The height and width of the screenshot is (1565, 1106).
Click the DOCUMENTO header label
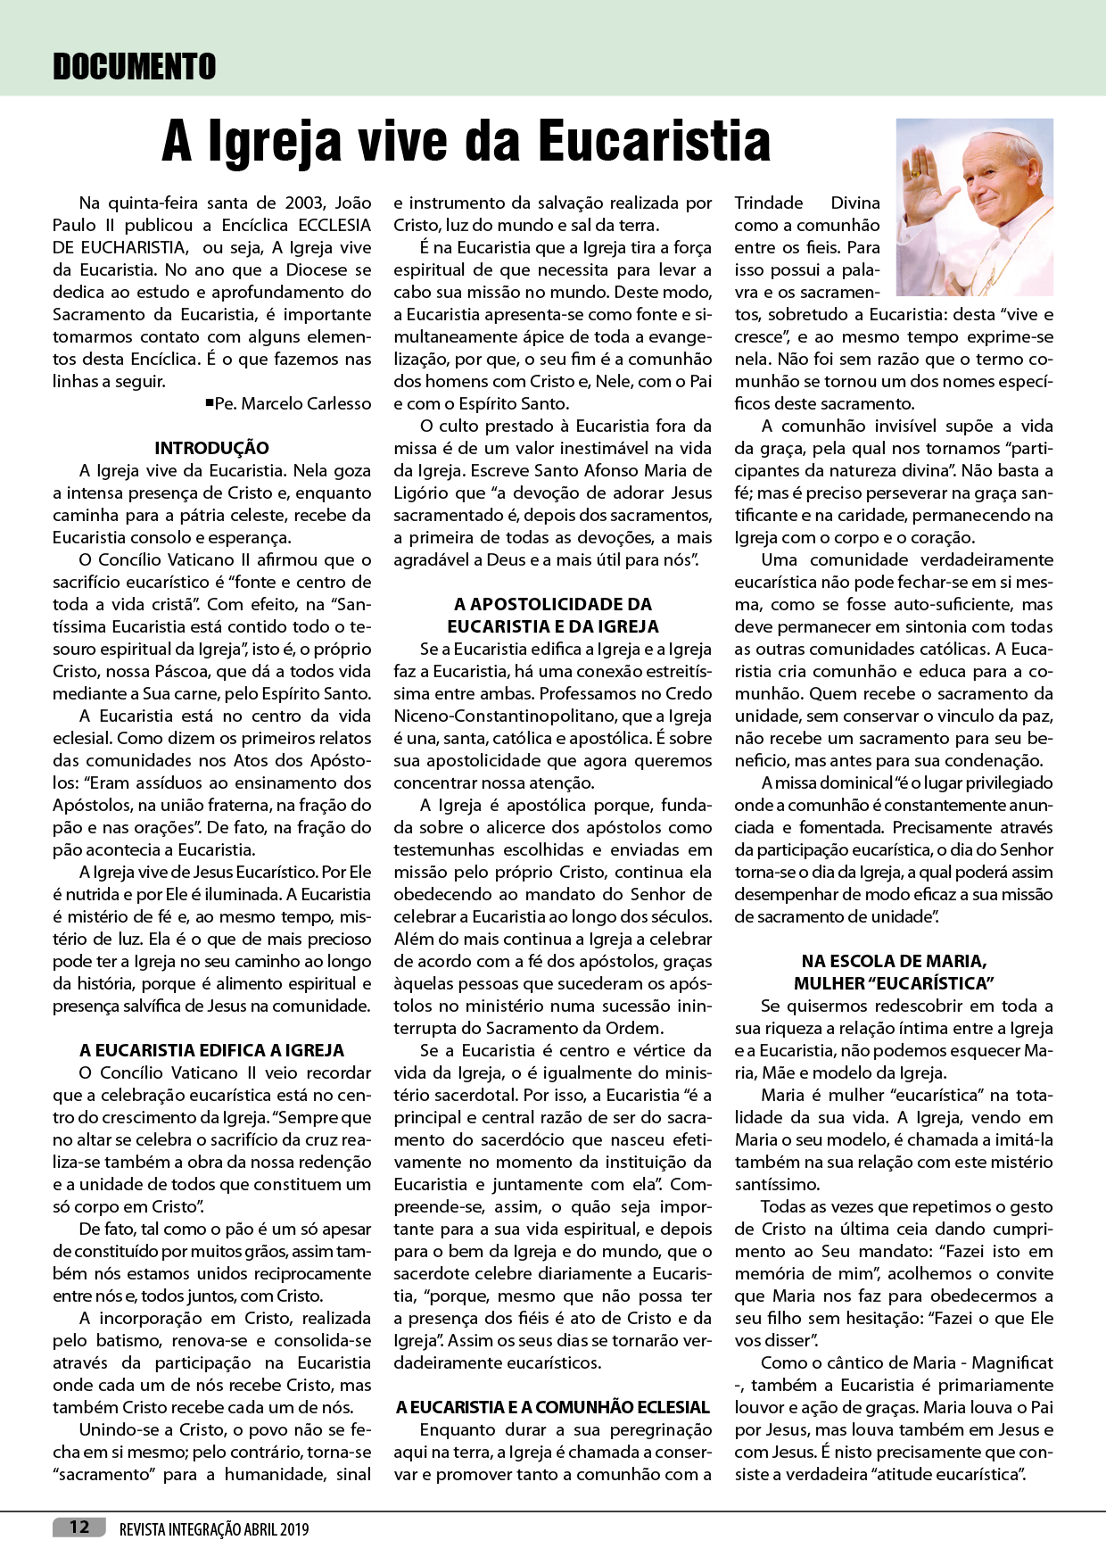coord(134,67)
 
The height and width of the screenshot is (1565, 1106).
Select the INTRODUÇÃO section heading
coord(211,448)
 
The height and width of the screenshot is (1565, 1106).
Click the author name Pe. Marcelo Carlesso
coord(293,403)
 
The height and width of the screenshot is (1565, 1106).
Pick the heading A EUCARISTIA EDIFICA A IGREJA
coord(211,1050)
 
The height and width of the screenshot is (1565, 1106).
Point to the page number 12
coord(79,1527)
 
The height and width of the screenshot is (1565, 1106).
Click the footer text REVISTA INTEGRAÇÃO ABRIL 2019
coord(214,1528)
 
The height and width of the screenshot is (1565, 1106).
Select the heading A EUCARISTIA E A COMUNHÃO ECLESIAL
coord(553,1407)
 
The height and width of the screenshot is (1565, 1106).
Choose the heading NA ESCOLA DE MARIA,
coord(894,961)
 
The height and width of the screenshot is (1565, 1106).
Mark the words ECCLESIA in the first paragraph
coord(334,225)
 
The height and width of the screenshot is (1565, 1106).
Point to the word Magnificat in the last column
coord(1012,1362)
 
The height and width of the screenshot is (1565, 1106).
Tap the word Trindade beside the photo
coord(769,203)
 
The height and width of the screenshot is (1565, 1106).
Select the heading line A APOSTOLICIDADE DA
coord(553,604)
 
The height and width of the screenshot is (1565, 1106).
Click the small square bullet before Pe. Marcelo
coord(209,402)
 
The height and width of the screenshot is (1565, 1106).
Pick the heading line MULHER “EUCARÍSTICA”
coord(894,983)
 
